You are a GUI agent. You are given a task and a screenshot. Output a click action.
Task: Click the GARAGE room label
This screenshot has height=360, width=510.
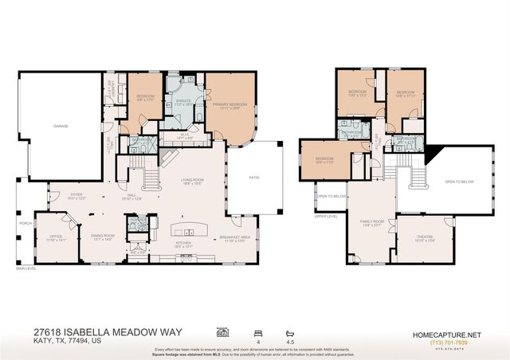click(61, 126)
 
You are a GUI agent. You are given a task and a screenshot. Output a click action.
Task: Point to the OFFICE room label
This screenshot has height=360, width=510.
click(56, 236)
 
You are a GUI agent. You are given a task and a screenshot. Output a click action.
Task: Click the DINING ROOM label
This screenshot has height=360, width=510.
click(104, 236)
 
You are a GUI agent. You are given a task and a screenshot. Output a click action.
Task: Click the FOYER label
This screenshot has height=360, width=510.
click(76, 194)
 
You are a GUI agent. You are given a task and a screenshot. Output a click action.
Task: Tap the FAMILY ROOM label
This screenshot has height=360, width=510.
click(372, 221)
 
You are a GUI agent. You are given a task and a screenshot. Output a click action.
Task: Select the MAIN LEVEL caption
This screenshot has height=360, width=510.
click(26, 268)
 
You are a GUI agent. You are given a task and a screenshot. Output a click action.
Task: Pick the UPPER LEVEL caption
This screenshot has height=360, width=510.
click(326, 216)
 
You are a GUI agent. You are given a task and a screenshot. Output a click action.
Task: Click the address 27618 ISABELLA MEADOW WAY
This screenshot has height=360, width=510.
click(107, 331)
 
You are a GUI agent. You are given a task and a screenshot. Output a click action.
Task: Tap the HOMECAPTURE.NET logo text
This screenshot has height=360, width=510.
click(450, 335)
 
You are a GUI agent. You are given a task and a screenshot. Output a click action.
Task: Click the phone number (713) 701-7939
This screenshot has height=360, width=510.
click(450, 343)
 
